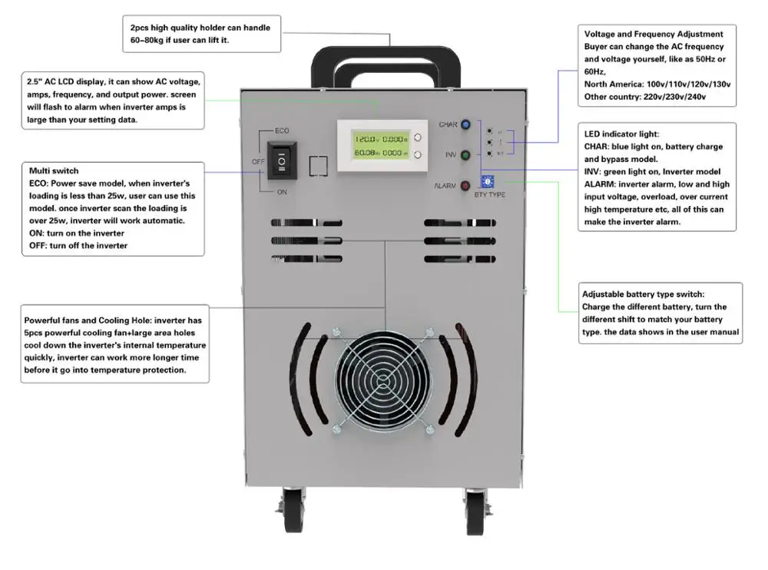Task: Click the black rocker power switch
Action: click(x=281, y=161)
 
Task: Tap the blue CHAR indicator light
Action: click(x=465, y=124)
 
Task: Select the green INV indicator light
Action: click(x=465, y=155)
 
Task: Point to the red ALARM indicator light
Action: click(x=465, y=186)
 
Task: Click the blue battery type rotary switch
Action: click(x=486, y=181)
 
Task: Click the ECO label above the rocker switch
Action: click(x=282, y=131)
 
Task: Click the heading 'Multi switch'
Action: click(x=54, y=170)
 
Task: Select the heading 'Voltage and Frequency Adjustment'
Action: click(x=654, y=35)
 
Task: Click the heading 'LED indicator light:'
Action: click(x=621, y=134)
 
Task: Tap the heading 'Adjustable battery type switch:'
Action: click(x=643, y=294)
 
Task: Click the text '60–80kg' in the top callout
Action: click(x=140, y=39)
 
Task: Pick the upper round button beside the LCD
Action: click(x=418, y=138)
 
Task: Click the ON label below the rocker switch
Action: click(x=282, y=193)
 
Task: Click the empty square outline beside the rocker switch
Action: click(x=318, y=167)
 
